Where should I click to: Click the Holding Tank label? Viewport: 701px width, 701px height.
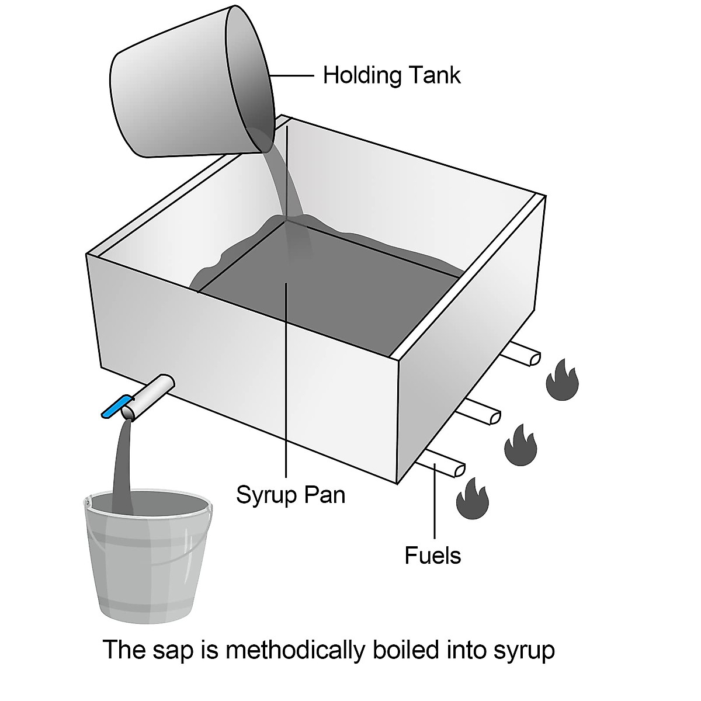tap(391, 75)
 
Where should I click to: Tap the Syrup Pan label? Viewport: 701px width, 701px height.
tap(290, 495)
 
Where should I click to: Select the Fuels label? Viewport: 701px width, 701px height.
tap(432, 555)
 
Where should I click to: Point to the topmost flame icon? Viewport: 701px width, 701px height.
tap(562, 380)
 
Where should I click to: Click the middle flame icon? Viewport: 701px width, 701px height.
tap(520, 446)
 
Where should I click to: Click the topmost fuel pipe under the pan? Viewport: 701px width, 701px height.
tap(521, 354)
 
